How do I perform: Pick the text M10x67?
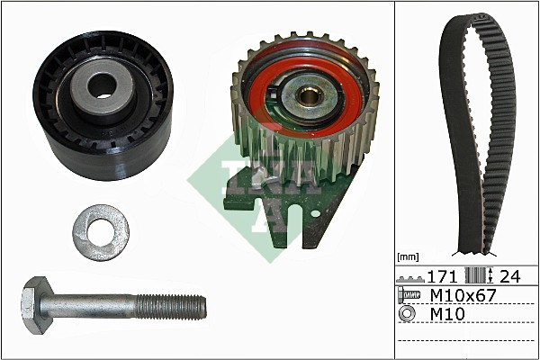point(463,295)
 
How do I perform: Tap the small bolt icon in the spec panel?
point(410,295)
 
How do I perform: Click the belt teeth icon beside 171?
point(412,277)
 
